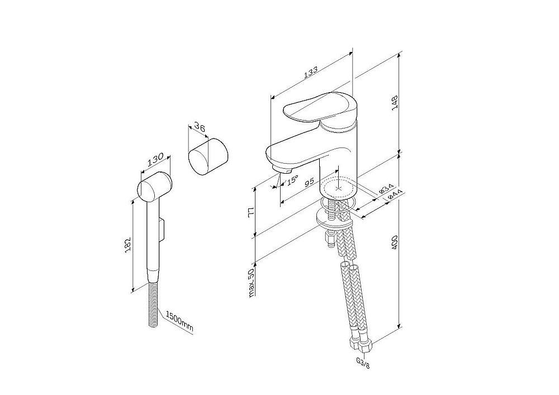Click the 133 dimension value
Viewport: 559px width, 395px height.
click(x=311, y=73)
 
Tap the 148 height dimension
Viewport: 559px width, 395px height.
click(x=395, y=103)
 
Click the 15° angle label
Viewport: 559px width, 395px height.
click(x=292, y=180)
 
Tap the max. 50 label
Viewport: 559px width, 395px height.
click(x=252, y=283)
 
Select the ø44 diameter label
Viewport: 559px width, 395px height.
click(x=396, y=195)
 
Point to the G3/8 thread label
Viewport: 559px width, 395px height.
click(x=363, y=364)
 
